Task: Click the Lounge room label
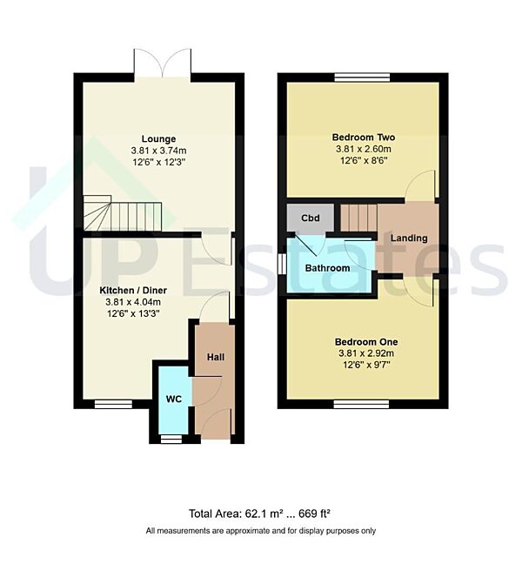[x=159, y=138]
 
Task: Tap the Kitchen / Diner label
[x=133, y=290]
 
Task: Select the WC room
[x=173, y=400]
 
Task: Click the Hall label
[x=216, y=358]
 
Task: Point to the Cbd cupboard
[x=310, y=218]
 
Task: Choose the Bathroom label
[x=327, y=268]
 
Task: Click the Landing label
[x=409, y=238]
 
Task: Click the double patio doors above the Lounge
[x=163, y=64]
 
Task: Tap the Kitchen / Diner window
[x=113, y=404]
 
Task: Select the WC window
[x=172, y=438]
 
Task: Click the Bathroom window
[x=283, y=262]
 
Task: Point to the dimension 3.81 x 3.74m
[x=159, y=150]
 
